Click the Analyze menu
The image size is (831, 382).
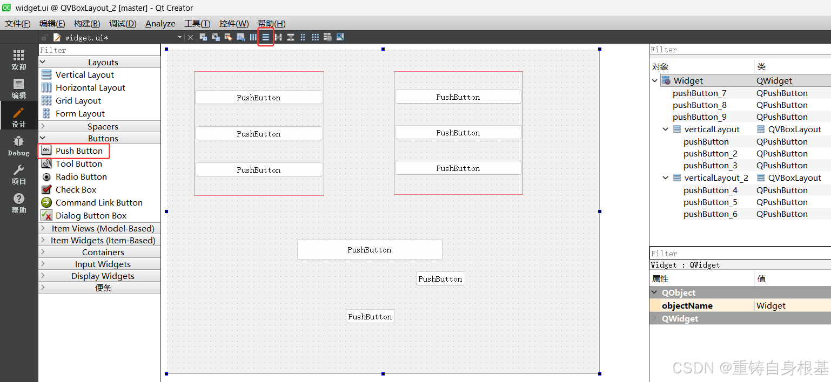pyautogui.click(x=160, y=24)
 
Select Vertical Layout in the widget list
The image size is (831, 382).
pyautogui.click(x=85, y=75)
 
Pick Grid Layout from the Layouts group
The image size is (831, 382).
pyautogui.click(x=78, y=101)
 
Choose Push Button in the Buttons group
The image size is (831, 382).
pyautogui.click(x=79, y=151)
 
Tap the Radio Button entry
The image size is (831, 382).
pyautogui.click(x=81, y=177)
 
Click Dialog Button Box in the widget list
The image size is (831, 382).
pyautogui.click(x=91, y=216)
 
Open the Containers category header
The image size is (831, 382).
pyautogui.click(x=103, y=253)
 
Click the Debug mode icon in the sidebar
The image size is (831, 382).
pyautogui.click(x=18, y=146)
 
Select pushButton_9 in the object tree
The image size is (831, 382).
pyautogui.click(x=700, y=117)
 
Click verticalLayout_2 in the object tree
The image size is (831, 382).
pyautogui.click(x=716, y=178)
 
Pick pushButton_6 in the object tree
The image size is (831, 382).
pyautogui.click(x=711, y=214)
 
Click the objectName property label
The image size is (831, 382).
pyautogui.click(x=687, y=306)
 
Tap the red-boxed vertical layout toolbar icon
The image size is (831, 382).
pyautogui.click(x=266, y=37)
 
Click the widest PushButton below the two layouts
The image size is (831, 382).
pyautogui.click(x=370, y=250)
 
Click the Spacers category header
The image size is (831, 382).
pyautogui.click(x=103, y=127)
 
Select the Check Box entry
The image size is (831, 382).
pyautogui.click(x=76, y=190)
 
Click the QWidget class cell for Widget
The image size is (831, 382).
pyautogui.click(x=774, y=81)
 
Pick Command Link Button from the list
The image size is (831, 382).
pyautogui.click(x=99, y=203)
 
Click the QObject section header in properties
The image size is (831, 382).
pyautogui.click(x=679, y=293)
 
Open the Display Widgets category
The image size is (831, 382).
pyautogui.click(x=103, y=276)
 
